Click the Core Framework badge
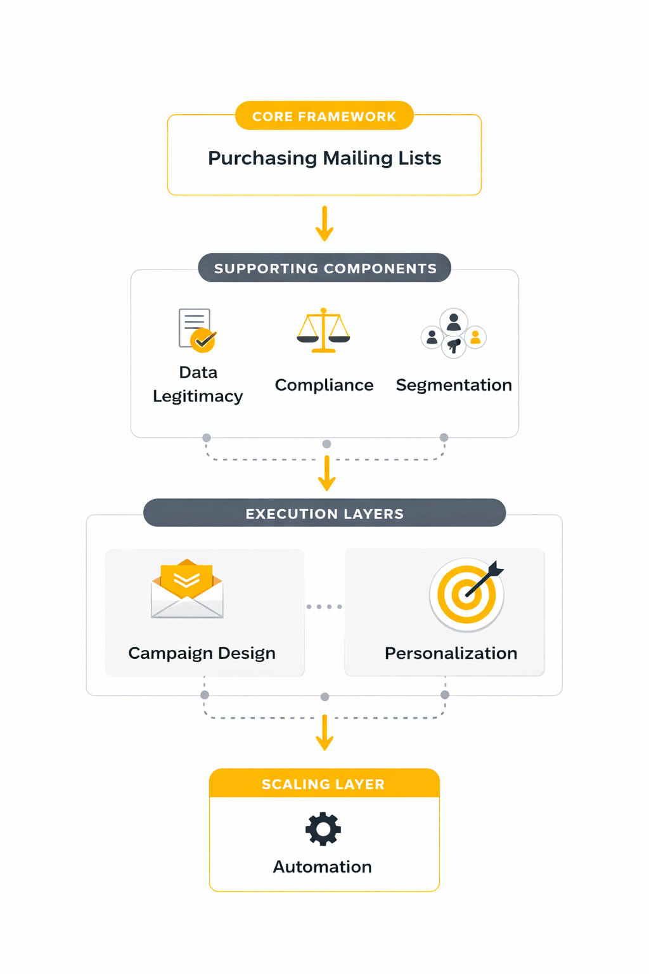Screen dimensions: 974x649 click(324, 116)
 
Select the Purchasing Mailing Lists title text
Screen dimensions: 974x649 click(324, 158)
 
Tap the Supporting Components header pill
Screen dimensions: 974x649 click(324, 268)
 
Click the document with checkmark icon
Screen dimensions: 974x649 click(197, 330)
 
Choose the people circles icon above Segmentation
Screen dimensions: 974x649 click(454, 334)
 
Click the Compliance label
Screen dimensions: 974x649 click(324, 385)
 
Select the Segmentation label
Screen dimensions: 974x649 click(454, 385)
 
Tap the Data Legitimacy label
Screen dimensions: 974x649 click(198, 384)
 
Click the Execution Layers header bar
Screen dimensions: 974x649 click(324, 514)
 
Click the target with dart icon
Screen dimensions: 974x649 click(467, 594)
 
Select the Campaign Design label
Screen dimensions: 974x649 click(202, 653)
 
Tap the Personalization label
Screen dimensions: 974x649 click(451, 653)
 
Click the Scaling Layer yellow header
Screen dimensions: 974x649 click(324, 784)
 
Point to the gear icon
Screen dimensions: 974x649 click(323, 829)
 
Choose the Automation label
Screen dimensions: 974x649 click(323, 867)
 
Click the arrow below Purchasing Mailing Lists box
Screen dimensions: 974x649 click(324, 224)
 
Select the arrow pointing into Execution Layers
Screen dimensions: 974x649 click(327, 473)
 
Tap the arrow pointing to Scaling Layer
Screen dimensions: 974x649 click(324, 732)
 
